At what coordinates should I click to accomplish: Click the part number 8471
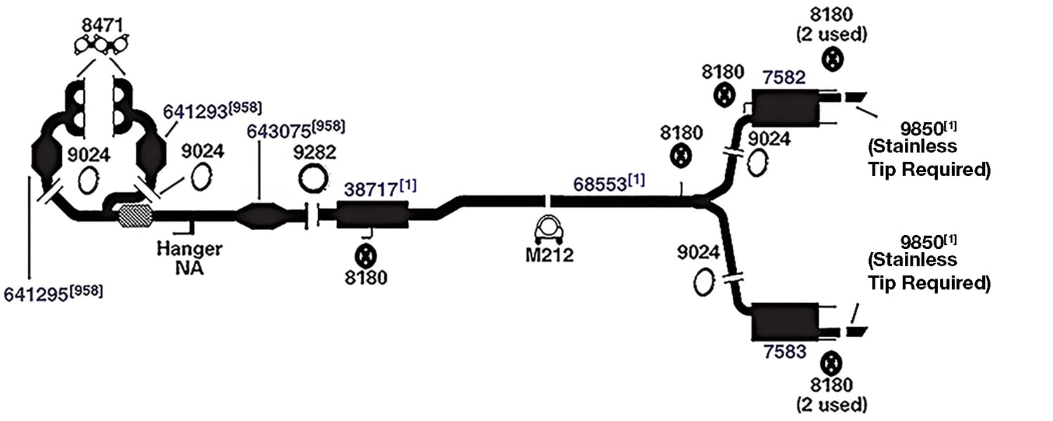pyautogui.click(x=102, y=25)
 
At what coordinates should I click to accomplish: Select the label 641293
pyautogui.click(x=195, y=112)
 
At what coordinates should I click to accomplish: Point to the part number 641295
pyautogui.click(x=36, y=295)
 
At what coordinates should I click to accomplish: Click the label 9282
pyautogui.click(x=314, y=153)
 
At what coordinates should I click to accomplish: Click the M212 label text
pyautogui.click(x=550, y=255)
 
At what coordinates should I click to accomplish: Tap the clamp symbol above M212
pyautogui.click(x=549, y=229)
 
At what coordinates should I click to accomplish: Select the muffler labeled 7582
pyautogui.click(x=786, y=107)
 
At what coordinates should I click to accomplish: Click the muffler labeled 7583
pyautogui.click(x=786, y=322)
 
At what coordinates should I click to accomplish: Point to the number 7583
pyautogui.click(x=785, y=352)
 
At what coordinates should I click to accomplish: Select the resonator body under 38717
pyautogui.click(x=372, y=215)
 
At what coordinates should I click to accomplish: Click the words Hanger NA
pyautogui.click(x=190, y=258)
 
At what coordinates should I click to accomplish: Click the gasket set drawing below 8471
pyautogui.click(x=102, y=46)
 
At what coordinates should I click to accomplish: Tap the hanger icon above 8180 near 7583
pyautogui.click(x=831, y=364)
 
